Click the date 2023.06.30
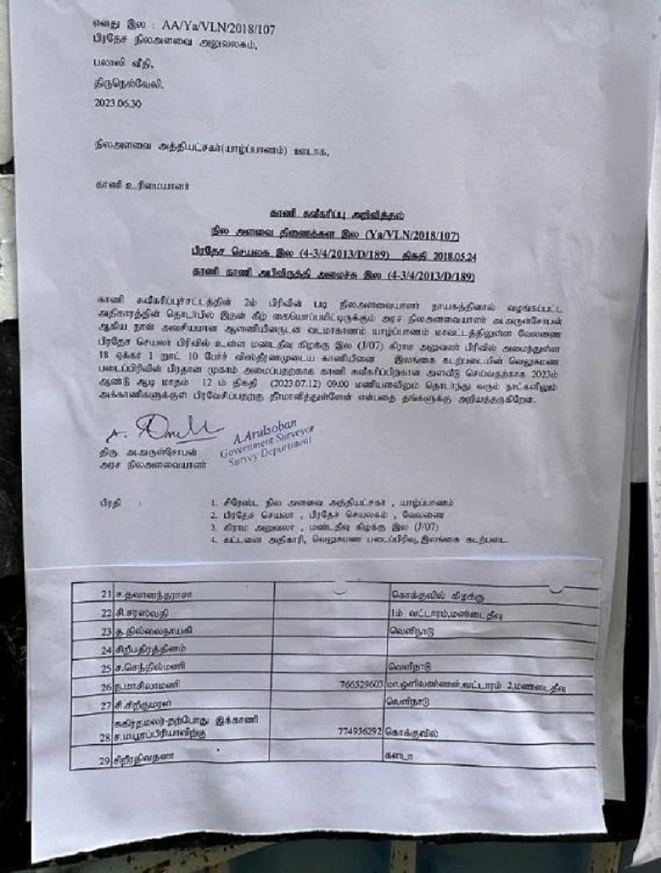(118, 104)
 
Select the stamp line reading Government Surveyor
(267, 441)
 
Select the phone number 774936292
(360, 732)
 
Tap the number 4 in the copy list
(211, 541)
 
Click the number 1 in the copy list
(211, 503)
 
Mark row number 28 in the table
(105, 734)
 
